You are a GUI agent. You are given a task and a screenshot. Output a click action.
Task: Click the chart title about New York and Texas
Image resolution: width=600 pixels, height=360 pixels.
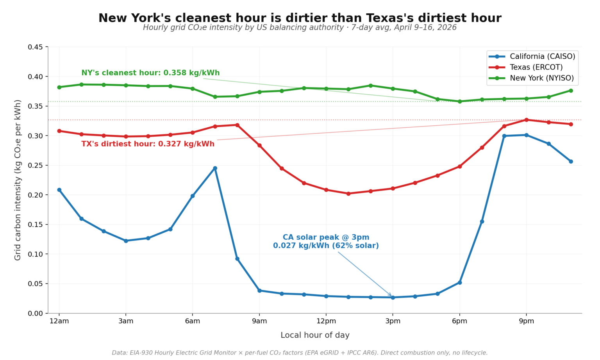pos(300,18)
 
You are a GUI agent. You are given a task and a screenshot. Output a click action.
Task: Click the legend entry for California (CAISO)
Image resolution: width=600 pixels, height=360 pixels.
pos(542,57)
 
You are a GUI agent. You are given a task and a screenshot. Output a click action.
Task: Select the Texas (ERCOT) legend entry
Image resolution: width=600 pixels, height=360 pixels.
pos(536,67)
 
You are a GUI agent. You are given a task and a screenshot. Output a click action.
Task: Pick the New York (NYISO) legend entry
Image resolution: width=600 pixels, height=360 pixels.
pos(541,78)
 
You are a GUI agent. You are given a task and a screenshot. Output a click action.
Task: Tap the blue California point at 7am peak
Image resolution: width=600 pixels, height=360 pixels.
pos(215,168)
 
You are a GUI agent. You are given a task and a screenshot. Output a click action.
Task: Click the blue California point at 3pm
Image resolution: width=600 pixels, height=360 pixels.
pos(393,298)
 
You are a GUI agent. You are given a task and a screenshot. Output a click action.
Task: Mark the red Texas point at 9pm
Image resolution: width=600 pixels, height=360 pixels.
pos(526,120)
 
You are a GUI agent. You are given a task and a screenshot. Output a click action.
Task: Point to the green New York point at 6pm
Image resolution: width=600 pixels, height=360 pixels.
pos(460,102)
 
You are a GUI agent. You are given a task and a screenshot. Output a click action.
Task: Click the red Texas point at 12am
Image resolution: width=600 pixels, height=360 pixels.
pos(59,131)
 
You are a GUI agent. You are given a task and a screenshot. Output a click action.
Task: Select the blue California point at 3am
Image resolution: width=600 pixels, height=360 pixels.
pos(126,241)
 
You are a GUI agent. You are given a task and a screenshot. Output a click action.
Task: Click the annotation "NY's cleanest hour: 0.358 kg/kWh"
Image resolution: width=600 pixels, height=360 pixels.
pos(150,73)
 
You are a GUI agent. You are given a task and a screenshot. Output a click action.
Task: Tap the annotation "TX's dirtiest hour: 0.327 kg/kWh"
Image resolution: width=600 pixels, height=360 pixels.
pos(148,144)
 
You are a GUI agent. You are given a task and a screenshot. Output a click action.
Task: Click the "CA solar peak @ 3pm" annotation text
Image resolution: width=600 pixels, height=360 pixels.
pos(326,237)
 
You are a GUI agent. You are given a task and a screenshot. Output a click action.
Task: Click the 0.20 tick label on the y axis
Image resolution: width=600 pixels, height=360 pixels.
pos(35,195)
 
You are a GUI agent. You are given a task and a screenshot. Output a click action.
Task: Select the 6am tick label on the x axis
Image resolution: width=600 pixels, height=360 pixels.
pos(193,321)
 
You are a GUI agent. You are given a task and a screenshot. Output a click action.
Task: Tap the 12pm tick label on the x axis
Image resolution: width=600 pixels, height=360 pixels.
pos(326,321)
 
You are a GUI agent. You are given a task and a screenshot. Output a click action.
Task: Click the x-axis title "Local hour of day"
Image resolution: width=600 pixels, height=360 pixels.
pos(315,335)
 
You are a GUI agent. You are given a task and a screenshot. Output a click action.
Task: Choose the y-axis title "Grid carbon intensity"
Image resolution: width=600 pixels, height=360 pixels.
pos(18,180)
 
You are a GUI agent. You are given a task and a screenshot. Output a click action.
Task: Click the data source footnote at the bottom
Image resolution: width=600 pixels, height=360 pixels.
pos(300,353)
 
